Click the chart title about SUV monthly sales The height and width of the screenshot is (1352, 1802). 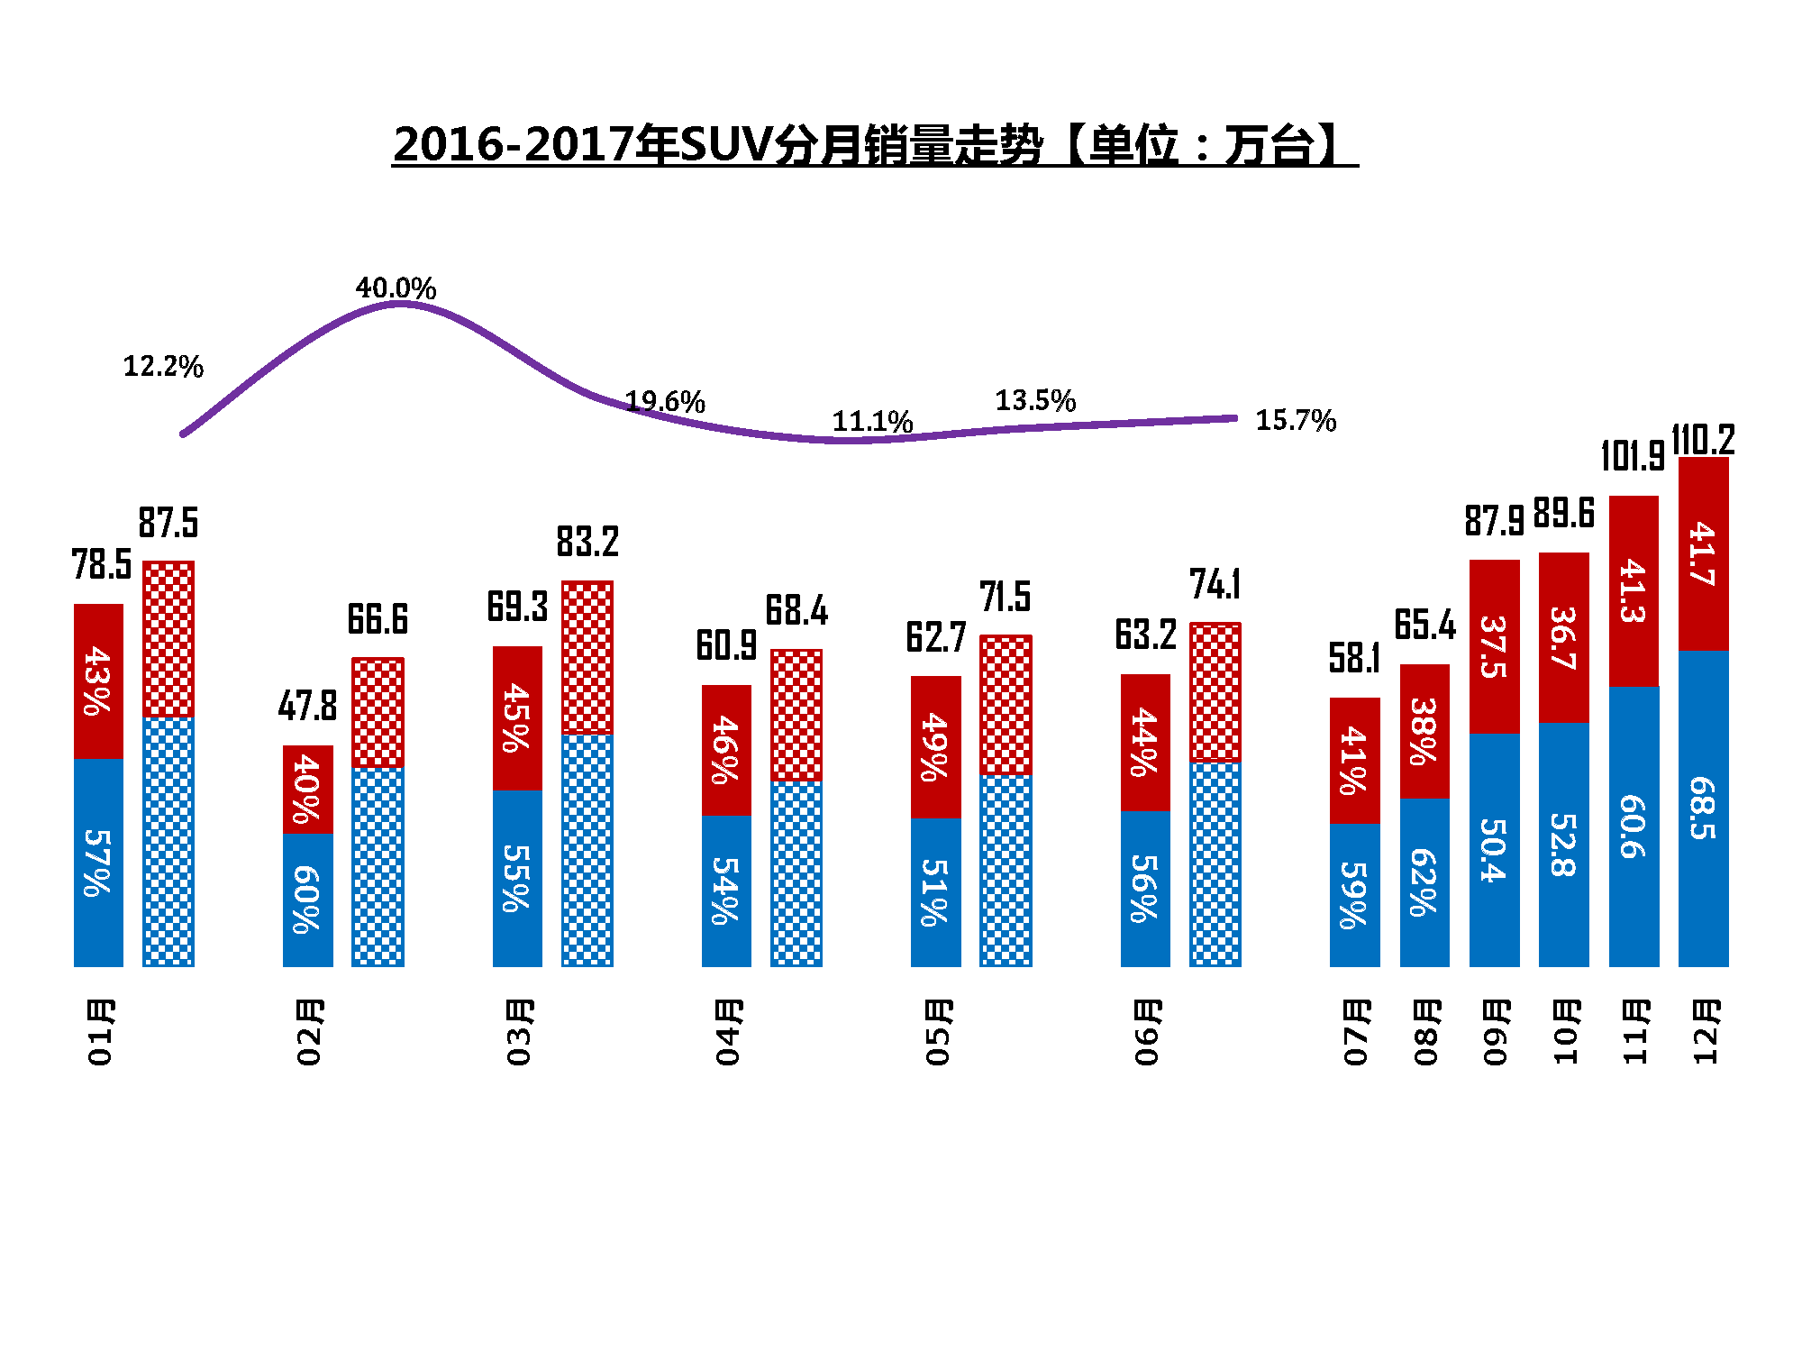[874, 144]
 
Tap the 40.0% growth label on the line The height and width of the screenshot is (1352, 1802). [396, 288]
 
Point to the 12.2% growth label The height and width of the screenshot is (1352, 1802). [163, 367]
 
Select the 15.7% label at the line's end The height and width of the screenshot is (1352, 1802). [1296, 420]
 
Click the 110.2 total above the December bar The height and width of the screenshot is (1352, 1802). [1703, 440]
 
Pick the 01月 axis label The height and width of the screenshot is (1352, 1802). [99, 1032]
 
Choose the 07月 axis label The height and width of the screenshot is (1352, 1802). [1355, 1032]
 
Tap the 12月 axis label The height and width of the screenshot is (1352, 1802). [1705, 1032]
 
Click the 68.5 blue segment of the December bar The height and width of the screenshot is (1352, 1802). [1703, 808]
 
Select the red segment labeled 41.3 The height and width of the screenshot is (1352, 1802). [1634, 591]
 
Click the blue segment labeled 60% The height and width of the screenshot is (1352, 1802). [307, 900]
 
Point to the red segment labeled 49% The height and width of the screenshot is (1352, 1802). [935, 747]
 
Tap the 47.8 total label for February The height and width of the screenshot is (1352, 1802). [307, 706]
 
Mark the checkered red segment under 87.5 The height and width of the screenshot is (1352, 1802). [168, 639]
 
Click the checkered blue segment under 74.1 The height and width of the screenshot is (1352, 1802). [1215, 863]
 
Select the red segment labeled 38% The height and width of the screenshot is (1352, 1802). [1424, 731]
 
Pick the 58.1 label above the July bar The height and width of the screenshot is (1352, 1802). [1354, 658]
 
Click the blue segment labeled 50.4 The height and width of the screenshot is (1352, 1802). [1494, 849]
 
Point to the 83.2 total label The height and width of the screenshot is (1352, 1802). [587, 542]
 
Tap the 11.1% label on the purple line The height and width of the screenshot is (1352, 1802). [872, 422]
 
